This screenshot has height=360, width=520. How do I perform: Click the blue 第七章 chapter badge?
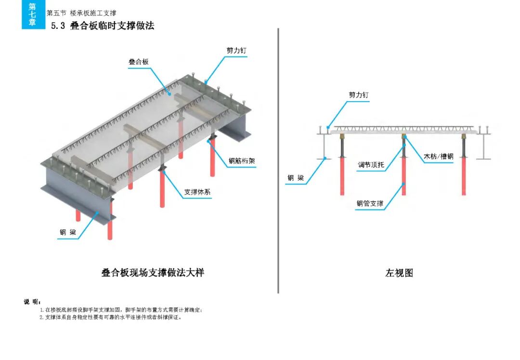tap(33, 14)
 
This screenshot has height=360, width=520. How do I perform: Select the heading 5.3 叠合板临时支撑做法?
tap(103, 26)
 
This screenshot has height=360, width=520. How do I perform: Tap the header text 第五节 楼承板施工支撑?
tap(81, 13)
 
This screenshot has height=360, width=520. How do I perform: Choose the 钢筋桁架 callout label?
tap(242, 161)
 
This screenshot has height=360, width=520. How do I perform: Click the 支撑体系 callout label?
tap(197, 192)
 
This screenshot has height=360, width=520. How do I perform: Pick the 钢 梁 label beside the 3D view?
tap(68, 232)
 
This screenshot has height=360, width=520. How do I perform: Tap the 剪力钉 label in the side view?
tap(359, 95)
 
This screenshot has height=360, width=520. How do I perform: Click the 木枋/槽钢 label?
tap(438, 156)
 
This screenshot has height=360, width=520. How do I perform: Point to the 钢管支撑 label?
tap(370, 204)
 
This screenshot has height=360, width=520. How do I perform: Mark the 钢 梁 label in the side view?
tap(296, 178)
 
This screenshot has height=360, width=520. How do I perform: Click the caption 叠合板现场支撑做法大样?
tap(153, 272)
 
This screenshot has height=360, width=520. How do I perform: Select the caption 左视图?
tap(399, 273)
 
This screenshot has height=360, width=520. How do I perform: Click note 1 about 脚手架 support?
tap(121, 310)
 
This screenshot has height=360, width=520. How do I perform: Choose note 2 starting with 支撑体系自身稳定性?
tap(111, 317)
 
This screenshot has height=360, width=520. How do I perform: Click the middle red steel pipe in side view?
tap(403, 176)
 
